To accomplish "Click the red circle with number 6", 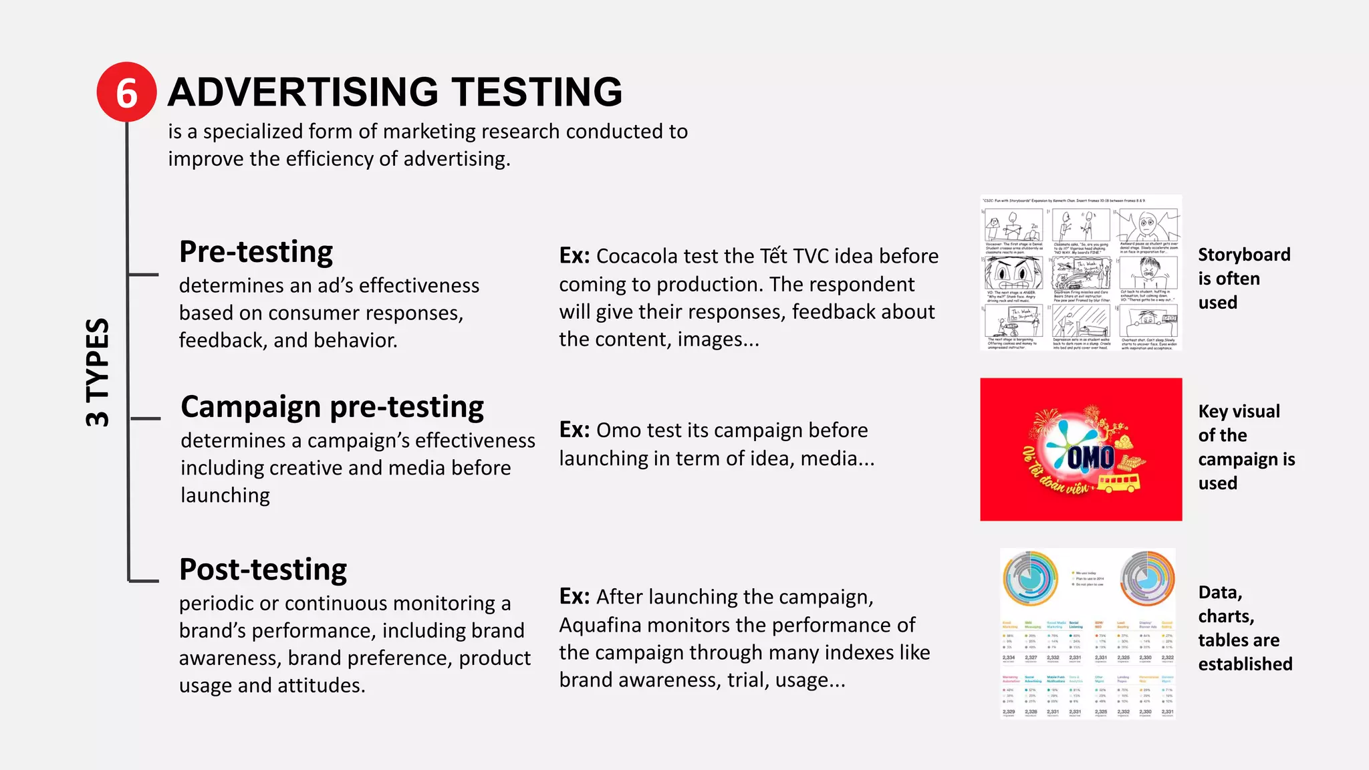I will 126,92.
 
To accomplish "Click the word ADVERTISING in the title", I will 302,92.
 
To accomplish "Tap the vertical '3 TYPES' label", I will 98,372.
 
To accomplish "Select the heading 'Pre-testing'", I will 256,252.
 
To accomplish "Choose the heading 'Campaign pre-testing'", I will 332,407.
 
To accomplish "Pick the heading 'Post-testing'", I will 263,569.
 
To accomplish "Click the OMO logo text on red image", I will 1090,458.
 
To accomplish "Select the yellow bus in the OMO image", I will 1118,483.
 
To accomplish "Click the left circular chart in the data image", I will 1030,579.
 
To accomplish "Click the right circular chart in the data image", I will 1147,577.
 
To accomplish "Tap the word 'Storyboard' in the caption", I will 1244,255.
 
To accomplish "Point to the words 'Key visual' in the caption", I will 1239,411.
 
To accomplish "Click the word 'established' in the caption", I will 1245,664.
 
